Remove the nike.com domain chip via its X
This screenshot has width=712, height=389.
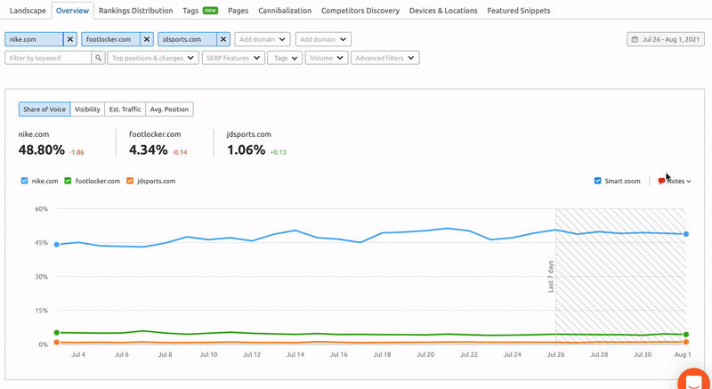coord(70,39)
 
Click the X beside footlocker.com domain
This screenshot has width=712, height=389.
coord(147,39)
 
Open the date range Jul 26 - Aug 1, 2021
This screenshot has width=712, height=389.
coord(667,39)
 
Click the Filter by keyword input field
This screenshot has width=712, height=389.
coord(49,58)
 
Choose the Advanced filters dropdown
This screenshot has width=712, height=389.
coord(384,58)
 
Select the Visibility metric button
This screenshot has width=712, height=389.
coord(87,109)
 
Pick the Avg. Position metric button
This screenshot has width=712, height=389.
coord(169,109)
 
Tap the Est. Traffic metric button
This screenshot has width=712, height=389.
coord(125,109)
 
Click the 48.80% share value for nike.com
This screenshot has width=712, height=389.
coord(42,150)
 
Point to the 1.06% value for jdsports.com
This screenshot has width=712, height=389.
coord(247,150)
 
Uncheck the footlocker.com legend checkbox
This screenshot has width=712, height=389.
coord(68,181)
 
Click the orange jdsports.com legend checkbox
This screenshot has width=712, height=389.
coord(130,181)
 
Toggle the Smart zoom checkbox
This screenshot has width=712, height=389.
coord(598,181)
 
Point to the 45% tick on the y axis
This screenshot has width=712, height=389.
coord(42,242)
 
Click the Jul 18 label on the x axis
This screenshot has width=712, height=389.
coord(381,354)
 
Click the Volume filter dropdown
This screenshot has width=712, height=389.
coord(326,58)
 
